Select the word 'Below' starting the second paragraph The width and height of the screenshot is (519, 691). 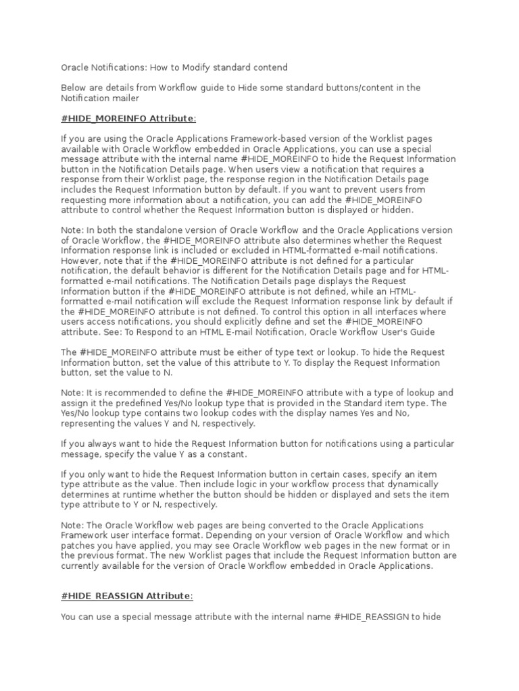74,88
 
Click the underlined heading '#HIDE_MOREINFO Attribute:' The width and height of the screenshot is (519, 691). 128,118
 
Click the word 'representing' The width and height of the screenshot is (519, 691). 89,423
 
